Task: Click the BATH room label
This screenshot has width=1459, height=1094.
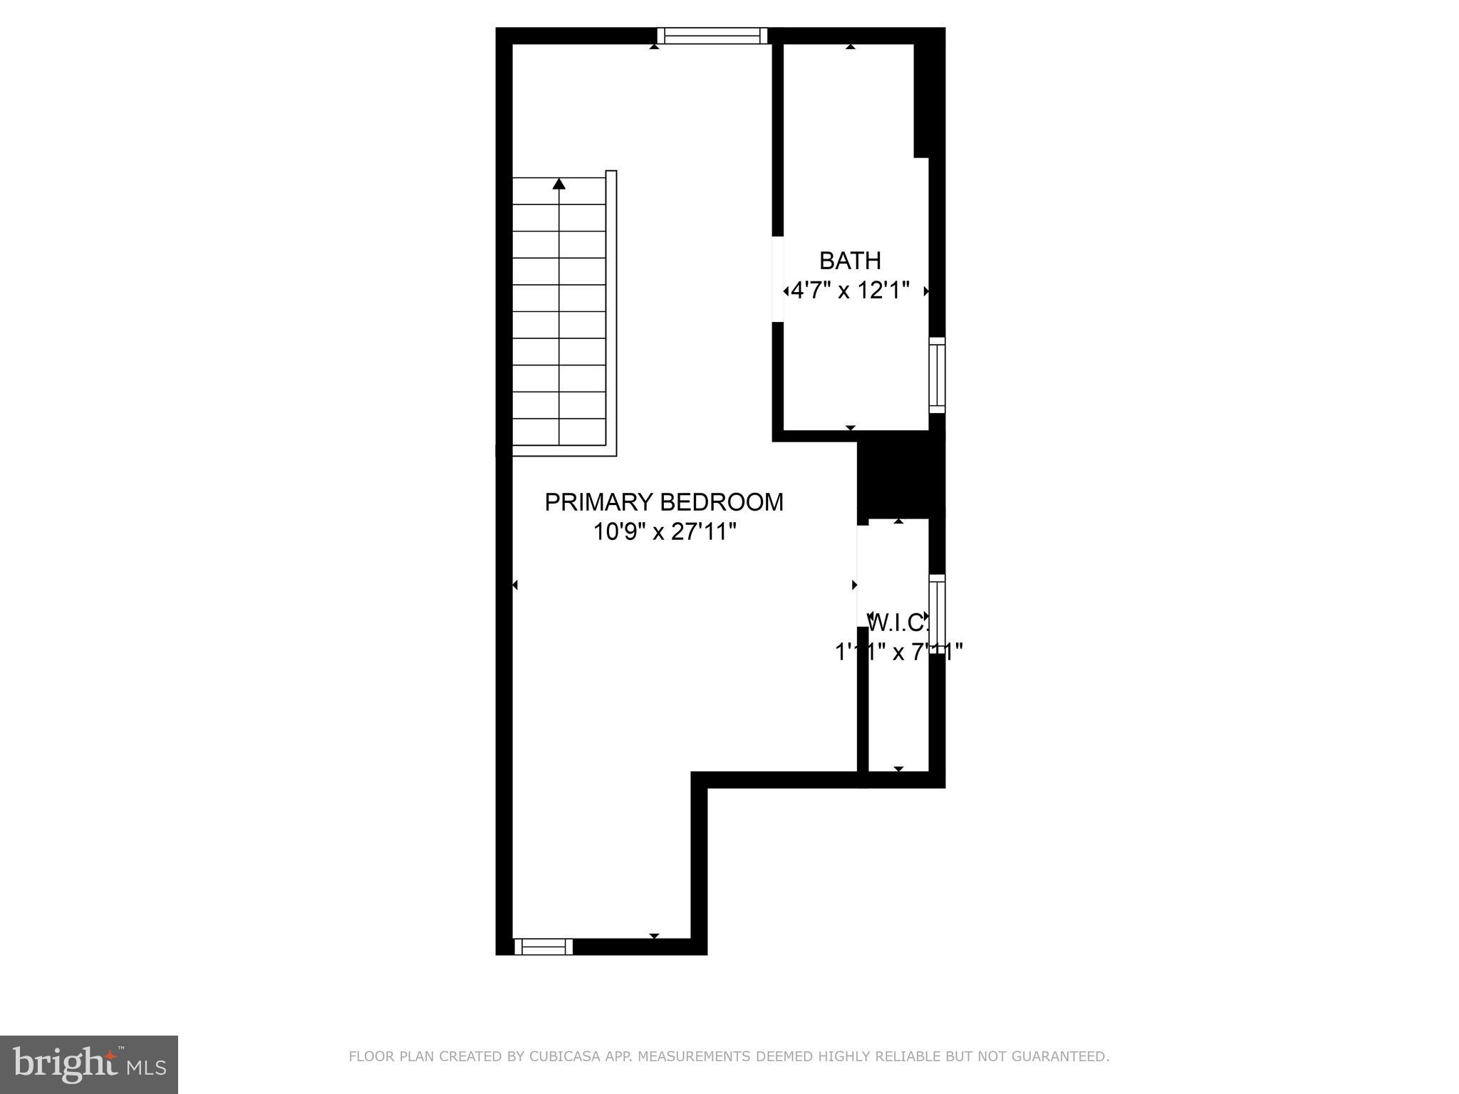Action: (850, 261)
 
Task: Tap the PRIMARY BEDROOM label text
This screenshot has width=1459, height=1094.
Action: (663, 502)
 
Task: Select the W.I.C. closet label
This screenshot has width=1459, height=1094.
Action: (899, 622)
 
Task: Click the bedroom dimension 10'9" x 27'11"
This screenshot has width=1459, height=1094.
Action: (664, 531)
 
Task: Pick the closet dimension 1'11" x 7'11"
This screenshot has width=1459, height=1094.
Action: (898, 652)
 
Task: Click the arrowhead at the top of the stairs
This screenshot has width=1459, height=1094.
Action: (559, 184)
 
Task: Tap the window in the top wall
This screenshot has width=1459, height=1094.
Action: (712, 36)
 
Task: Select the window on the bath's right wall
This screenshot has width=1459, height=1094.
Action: (937, 375)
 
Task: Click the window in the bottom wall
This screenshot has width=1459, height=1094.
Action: (544, 947)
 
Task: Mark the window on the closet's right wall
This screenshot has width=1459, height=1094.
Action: (937, 613)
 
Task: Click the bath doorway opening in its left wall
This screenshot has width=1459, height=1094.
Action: (778, 278)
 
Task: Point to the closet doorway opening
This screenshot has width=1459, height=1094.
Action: (862, 575)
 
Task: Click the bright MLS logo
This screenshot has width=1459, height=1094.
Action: (88, 1064)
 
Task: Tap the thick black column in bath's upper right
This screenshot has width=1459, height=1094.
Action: (929, 100)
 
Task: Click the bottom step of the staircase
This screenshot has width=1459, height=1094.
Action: (559, 432)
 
